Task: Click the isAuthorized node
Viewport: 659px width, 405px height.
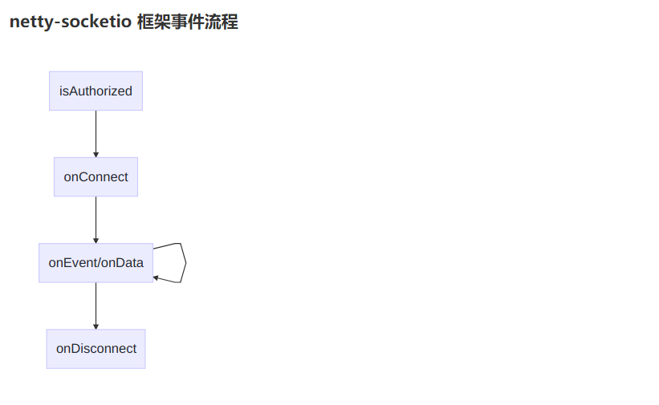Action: click(96, 91)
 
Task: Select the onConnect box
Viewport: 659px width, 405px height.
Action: click(96, 176)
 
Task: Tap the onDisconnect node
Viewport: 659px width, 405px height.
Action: click(96, 349)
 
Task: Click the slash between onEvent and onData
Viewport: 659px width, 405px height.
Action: click(99, 263)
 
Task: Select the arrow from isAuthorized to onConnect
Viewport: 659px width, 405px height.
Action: click(96, 132)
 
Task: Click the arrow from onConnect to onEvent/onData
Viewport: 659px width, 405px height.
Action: click(96, 218)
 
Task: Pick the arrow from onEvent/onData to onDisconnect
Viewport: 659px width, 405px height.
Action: click(96, 305)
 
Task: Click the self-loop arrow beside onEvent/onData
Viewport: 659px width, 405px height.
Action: click(185, 261)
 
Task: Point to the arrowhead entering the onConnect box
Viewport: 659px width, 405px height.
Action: click(96, 154)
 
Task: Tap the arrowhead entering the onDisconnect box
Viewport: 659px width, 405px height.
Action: click(96, 326)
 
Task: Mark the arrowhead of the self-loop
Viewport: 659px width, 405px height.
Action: click(156, 277)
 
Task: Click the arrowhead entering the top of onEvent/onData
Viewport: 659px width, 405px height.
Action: click(96, 240)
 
